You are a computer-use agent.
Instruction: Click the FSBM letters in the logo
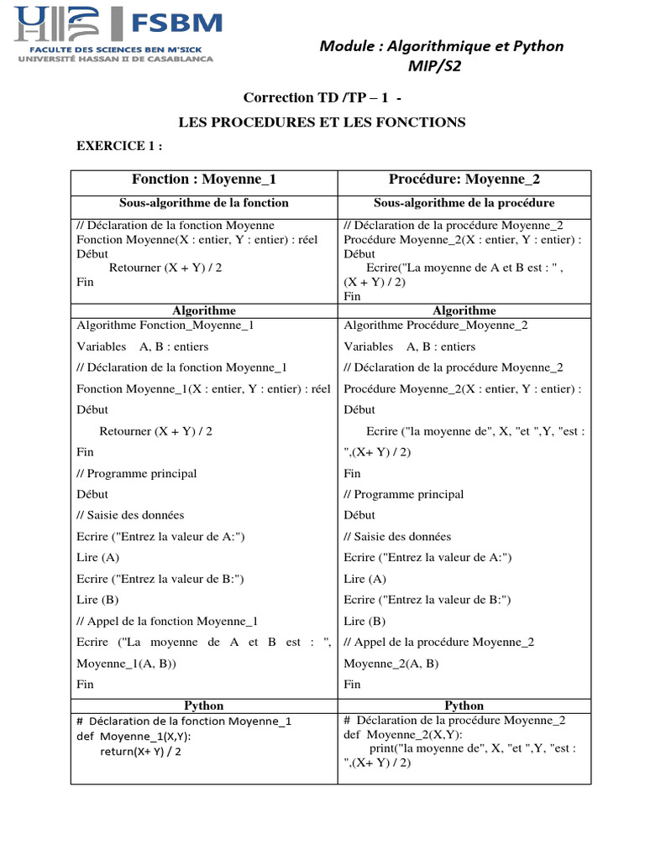tap(174, 21)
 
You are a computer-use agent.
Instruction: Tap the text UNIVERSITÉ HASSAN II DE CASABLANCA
tap(115, 59)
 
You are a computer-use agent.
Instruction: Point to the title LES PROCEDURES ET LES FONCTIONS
tap(322, 122)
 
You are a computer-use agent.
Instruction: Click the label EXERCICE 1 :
tap(119, 146)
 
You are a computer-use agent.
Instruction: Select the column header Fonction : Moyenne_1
tap(204, 180)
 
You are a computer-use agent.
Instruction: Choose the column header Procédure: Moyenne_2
tap(464, 180)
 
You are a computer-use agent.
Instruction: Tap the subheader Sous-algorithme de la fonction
tap(204, 203)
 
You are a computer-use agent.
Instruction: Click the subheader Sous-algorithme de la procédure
tap(464, 203)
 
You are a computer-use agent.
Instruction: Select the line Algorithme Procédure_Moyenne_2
tap(436, 325)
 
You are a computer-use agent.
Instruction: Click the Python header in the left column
tap(204, 705)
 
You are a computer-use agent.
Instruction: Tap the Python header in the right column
tap(464, 705)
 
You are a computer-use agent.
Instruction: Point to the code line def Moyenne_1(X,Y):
tap(134, 736)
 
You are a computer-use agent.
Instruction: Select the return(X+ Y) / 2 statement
tap(140, 751)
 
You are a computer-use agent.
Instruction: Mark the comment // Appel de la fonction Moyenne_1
tap(167, 621)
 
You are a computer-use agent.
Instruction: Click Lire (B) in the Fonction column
tap(98, 600)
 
